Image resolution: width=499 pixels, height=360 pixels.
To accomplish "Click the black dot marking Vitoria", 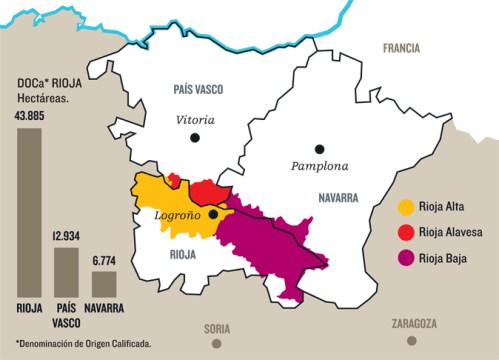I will click(196, 137).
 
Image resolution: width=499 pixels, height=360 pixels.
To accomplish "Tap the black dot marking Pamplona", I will click(320, 146).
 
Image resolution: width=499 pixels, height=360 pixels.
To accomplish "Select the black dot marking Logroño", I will click(213, 214).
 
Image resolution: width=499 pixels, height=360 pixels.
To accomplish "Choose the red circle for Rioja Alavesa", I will click(406, 234).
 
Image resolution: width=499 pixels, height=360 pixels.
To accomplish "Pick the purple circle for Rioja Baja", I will click(406, 259).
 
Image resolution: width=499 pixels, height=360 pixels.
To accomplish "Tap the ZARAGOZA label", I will click(414, 324).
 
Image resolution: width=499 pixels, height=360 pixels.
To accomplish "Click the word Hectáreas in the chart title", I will click(45, 98).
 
